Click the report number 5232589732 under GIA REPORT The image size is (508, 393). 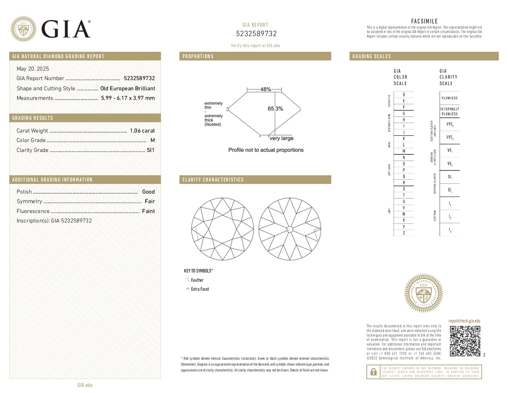255,34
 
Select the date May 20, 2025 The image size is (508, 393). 33,69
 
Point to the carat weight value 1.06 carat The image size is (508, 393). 142,131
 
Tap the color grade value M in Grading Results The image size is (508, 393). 152,140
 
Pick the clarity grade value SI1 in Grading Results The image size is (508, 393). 151,150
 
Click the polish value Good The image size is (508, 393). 148,192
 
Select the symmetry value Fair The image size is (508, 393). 149,201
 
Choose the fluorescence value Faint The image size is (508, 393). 148,211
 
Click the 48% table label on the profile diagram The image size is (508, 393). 265,89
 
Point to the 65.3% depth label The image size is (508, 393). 275,109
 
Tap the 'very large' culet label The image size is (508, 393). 282,138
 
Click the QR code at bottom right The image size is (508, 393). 464,341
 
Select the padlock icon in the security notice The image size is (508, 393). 373,372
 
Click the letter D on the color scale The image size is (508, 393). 404,95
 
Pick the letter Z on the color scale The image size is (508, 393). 404,233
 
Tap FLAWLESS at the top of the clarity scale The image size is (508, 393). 449,98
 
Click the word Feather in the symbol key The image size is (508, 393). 197,280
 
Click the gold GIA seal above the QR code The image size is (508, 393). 424,293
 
